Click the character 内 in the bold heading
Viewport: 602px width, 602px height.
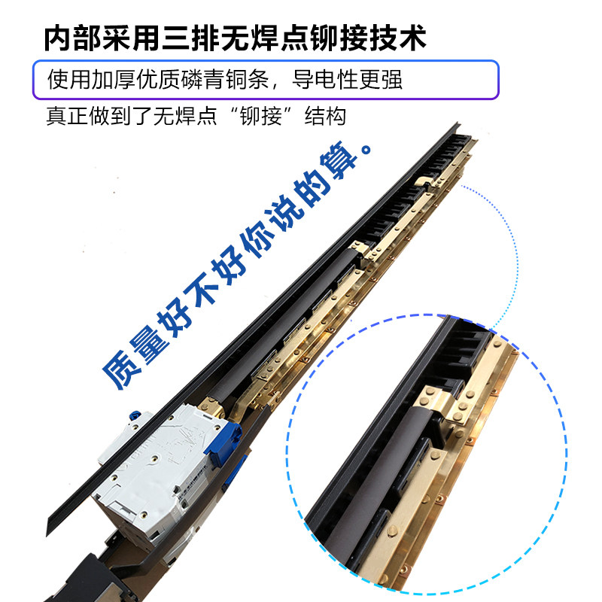coord(58,38)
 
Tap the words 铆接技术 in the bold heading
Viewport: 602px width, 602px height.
coord(368,38)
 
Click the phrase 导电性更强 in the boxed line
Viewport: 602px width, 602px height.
coord(347,80)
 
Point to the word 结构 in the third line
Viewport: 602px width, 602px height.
coord(326,117)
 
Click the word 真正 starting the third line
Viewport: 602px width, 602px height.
coord(67,117)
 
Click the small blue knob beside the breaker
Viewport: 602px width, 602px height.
coord(135,416)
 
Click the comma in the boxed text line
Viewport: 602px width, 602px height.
coord(276,86)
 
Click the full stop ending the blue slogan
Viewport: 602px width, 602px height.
coord(366,148)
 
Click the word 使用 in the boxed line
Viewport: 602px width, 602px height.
coord(68,80)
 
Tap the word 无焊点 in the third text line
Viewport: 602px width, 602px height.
coord(185,117)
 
